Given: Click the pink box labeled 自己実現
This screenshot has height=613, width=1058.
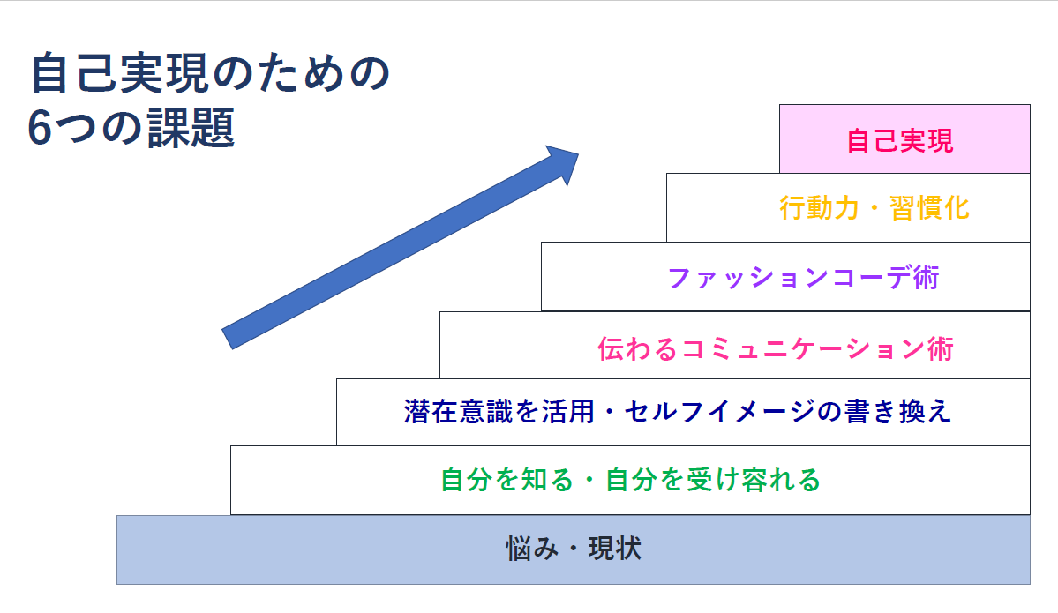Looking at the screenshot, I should coord(904,138).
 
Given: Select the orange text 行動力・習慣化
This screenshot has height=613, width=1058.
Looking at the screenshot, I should coord(874,208).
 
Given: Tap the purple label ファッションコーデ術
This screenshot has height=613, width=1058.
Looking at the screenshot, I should coord(803,278).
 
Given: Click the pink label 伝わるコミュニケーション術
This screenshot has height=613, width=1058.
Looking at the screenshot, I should coord(776,348).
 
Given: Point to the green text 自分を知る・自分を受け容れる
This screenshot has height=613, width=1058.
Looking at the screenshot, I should coord(630,480).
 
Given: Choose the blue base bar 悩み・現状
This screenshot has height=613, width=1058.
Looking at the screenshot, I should coord(573,549).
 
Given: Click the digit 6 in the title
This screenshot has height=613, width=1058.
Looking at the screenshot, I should coord(41,130).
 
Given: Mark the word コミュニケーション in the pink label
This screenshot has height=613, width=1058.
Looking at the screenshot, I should coord(797,348).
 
